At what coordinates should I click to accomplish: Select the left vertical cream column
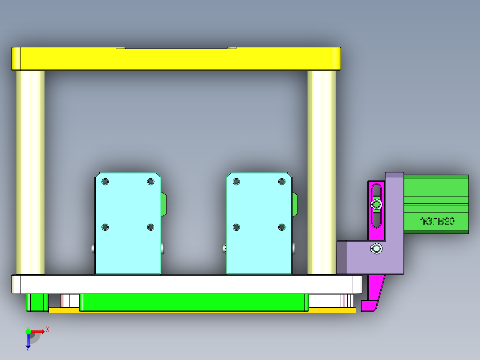[30, 172]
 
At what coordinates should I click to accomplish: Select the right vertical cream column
[321, 172]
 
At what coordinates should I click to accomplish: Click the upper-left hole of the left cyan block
[105, 182]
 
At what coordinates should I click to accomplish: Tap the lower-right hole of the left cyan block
[151, 227]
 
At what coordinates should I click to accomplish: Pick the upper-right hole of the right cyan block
[281, 181]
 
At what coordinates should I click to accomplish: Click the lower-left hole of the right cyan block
[236, 227]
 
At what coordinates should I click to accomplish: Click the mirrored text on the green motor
[437, 221]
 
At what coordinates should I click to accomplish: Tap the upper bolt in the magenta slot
[377, 205]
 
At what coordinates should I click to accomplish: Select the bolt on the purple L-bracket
[376, 249]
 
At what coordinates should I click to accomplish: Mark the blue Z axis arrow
[28, 341]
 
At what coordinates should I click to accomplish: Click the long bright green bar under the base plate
[194, 302]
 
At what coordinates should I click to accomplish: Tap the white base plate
[187, 284]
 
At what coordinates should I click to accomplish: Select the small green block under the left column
[37, 302]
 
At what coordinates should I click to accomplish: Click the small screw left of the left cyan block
[92, 248]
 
